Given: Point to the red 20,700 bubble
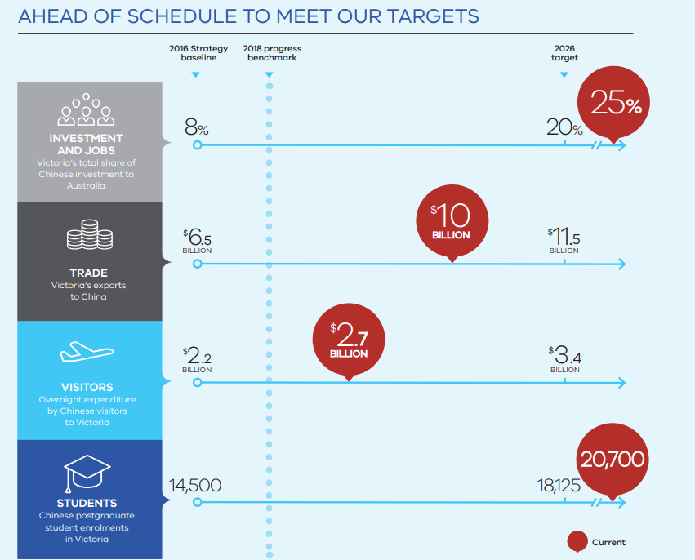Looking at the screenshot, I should (x=613, y=460).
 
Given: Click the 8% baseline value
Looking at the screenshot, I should (x=197, y=127).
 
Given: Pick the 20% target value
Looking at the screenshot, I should (x=564, y=127).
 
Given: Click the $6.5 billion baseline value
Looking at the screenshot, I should (x=197, y=239).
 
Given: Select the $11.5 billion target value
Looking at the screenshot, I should (x=564, y=239).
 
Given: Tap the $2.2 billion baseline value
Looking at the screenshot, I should (x=197, y=358).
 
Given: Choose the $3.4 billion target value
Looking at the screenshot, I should (x=564, y=358).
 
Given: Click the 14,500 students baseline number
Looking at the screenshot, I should (x=195, y=486).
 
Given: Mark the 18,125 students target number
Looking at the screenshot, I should (x=559, y=486).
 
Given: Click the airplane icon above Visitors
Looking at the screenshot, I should (x=87, y=353).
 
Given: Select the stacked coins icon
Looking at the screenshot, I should (x=89, y=238).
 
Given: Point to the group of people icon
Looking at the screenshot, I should (x=86, y=112).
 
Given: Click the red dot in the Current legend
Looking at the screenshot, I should (x=578, y=541).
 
